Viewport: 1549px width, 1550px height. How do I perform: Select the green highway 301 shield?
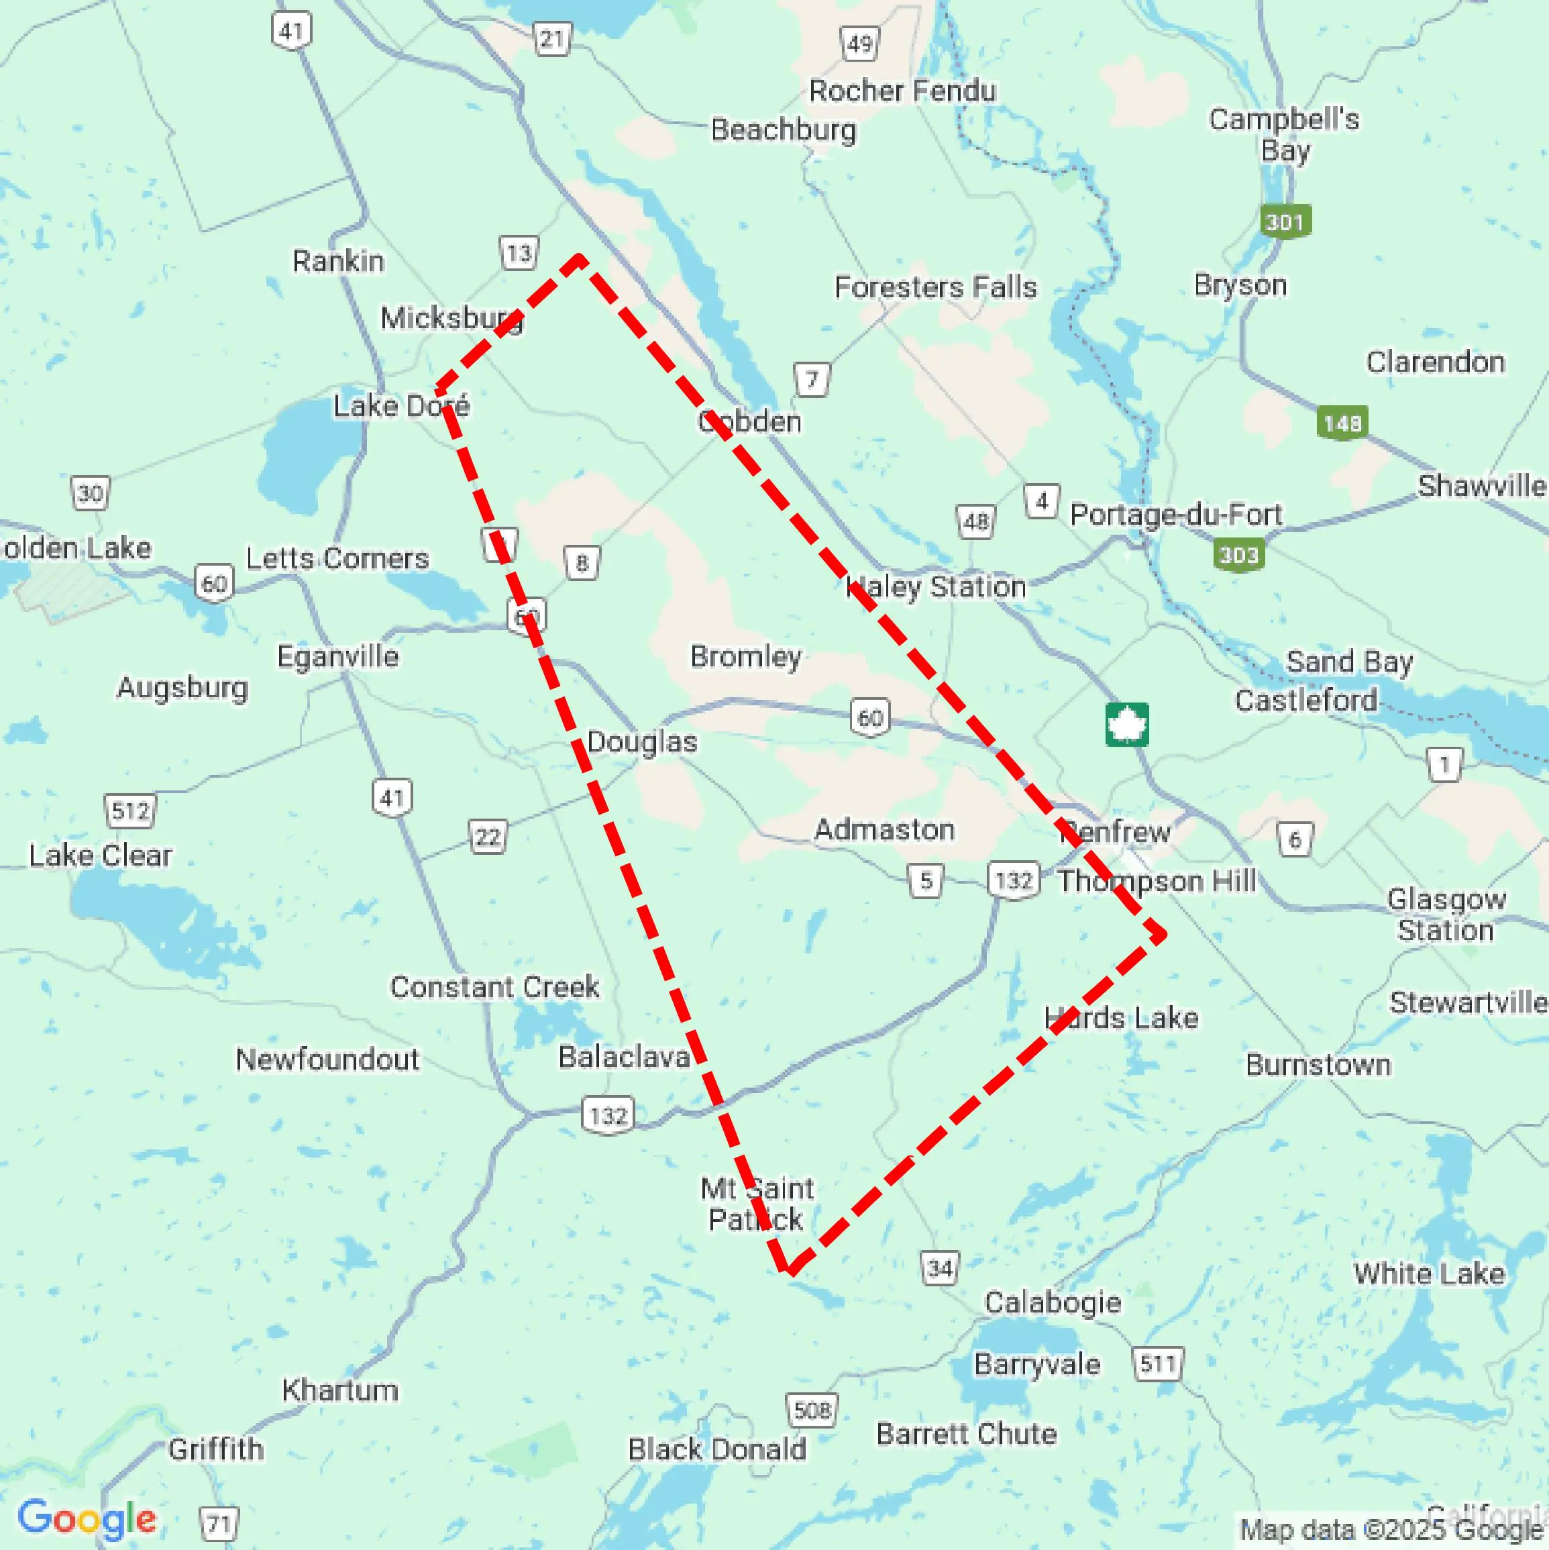pyautogui.click(x=1285, y=221)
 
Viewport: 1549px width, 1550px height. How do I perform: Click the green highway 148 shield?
pyautogui.click(x=1342, y=423)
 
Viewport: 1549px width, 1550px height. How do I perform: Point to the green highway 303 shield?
pyautogui.click(x=1238, y=554)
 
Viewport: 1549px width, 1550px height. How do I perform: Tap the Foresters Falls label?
pyautogui.click(x=935, y=287)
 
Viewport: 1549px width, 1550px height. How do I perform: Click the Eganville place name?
pyautogui.click(x=337, y=656)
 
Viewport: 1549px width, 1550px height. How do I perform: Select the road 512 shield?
pyautogui.click(x=130, y=811)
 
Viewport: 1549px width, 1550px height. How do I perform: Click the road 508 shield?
pyautogui.click(x=812, y=1410)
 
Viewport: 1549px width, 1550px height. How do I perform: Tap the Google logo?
pyautogui.click(x=87, y=1518)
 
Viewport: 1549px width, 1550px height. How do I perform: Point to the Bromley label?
pyautogui.click(x=745, y=656)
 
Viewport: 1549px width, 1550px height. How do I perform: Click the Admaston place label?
pyautogui.click(x=884, y=829)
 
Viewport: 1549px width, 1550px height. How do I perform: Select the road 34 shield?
pyautogui.click(x=939, y=1268)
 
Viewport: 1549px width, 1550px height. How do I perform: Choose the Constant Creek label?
pyautogui.click(x=494, y=986)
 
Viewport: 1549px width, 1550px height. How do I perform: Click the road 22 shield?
pyautogui.click(x=488, y=837)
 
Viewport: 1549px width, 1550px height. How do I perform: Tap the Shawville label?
pyautogui.click(x=1480, y=485)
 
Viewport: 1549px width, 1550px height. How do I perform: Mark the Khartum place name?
pyautogui.click(x=339, y=1390)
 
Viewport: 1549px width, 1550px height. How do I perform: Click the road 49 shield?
pyautogui.click(x=859, y=44)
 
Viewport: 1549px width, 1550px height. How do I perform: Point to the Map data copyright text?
pyautogui.click(x=1392, y=1529)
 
